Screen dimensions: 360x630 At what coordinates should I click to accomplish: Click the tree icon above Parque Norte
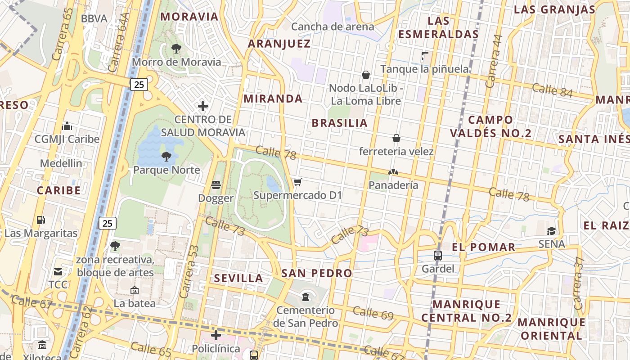[x=166, y=157]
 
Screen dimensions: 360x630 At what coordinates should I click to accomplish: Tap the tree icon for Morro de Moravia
[x=176, y=48]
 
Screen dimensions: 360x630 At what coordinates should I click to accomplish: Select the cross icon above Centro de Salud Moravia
[x=203, y=106]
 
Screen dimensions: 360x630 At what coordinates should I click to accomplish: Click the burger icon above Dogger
[x=216, y=185]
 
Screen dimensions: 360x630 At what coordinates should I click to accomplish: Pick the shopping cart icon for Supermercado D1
[x=297, y=182]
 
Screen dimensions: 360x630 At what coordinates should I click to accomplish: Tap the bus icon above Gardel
[x=437, y=256]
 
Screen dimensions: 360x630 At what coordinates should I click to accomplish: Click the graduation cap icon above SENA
[x=551, y=231]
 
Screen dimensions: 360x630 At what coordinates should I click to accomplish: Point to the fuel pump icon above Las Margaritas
[x=41, y=220]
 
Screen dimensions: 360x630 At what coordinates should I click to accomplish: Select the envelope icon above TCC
[x=58, y=271]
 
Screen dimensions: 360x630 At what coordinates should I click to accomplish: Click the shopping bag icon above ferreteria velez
[x=396, y=138]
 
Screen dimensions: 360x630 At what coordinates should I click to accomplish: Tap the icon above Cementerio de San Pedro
[x=306, y=297]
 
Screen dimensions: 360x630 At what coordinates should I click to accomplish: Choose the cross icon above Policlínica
[x=216, y=335]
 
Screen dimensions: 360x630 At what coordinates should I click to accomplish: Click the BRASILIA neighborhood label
[x=340, y=123]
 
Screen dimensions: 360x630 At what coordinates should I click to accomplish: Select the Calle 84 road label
[x=552, y=90]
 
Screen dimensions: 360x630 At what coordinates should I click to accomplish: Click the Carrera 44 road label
[x=494, y=61]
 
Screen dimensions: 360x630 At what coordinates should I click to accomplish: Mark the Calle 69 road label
[x=373, y=313]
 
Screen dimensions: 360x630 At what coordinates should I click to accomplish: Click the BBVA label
[x=94, y=18]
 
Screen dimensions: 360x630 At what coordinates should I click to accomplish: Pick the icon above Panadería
[x=393, y=172]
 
